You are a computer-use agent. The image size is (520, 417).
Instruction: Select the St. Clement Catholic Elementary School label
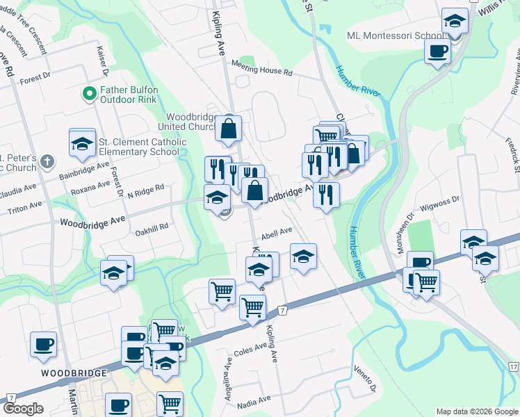[143, 147]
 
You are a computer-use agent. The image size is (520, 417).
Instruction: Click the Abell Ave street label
[277, 233]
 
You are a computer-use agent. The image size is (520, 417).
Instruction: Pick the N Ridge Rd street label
[146, 189]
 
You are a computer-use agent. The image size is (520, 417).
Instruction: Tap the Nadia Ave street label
[254, 400]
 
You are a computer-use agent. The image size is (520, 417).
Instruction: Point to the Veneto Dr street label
[365, 378]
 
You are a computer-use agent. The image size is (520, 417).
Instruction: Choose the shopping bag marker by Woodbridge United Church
[228, 128]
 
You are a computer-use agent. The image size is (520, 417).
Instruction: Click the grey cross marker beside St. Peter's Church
[47, 162]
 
